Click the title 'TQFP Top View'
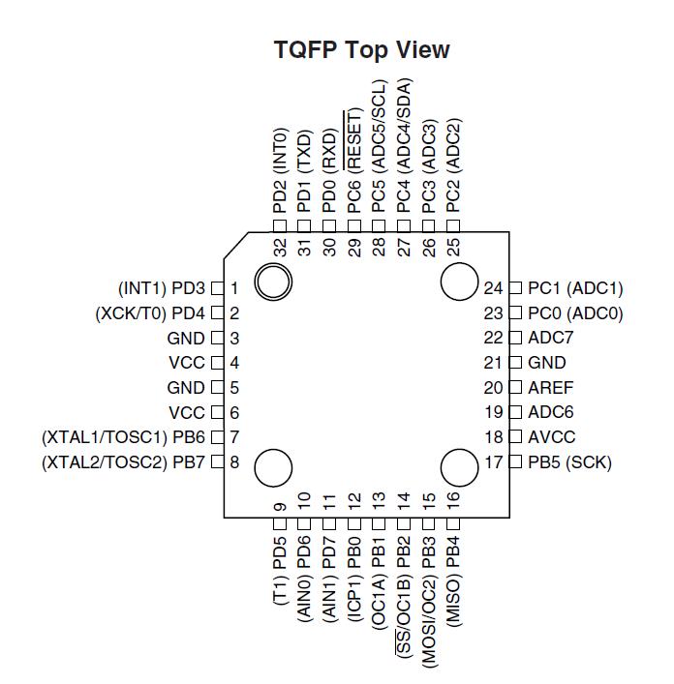coord(361,49)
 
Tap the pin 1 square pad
coord(217,288)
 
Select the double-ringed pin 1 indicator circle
coord(273,282)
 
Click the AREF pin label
coord(550,387)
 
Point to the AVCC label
coord(551,436)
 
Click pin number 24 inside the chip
coord(493,288)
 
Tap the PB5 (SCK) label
coord(569,462)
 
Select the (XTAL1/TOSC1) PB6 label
coord(123,437)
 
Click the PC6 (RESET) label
coord(354,162)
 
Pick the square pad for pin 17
coord(515,461)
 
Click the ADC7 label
coord(550,338)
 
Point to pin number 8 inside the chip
coord(234,462)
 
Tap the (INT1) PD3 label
coord(162,288)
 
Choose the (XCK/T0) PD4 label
coord(150,313)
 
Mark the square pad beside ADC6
coord(515,412)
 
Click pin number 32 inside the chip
coord(280,247)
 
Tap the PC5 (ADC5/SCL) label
coord(379,146)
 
